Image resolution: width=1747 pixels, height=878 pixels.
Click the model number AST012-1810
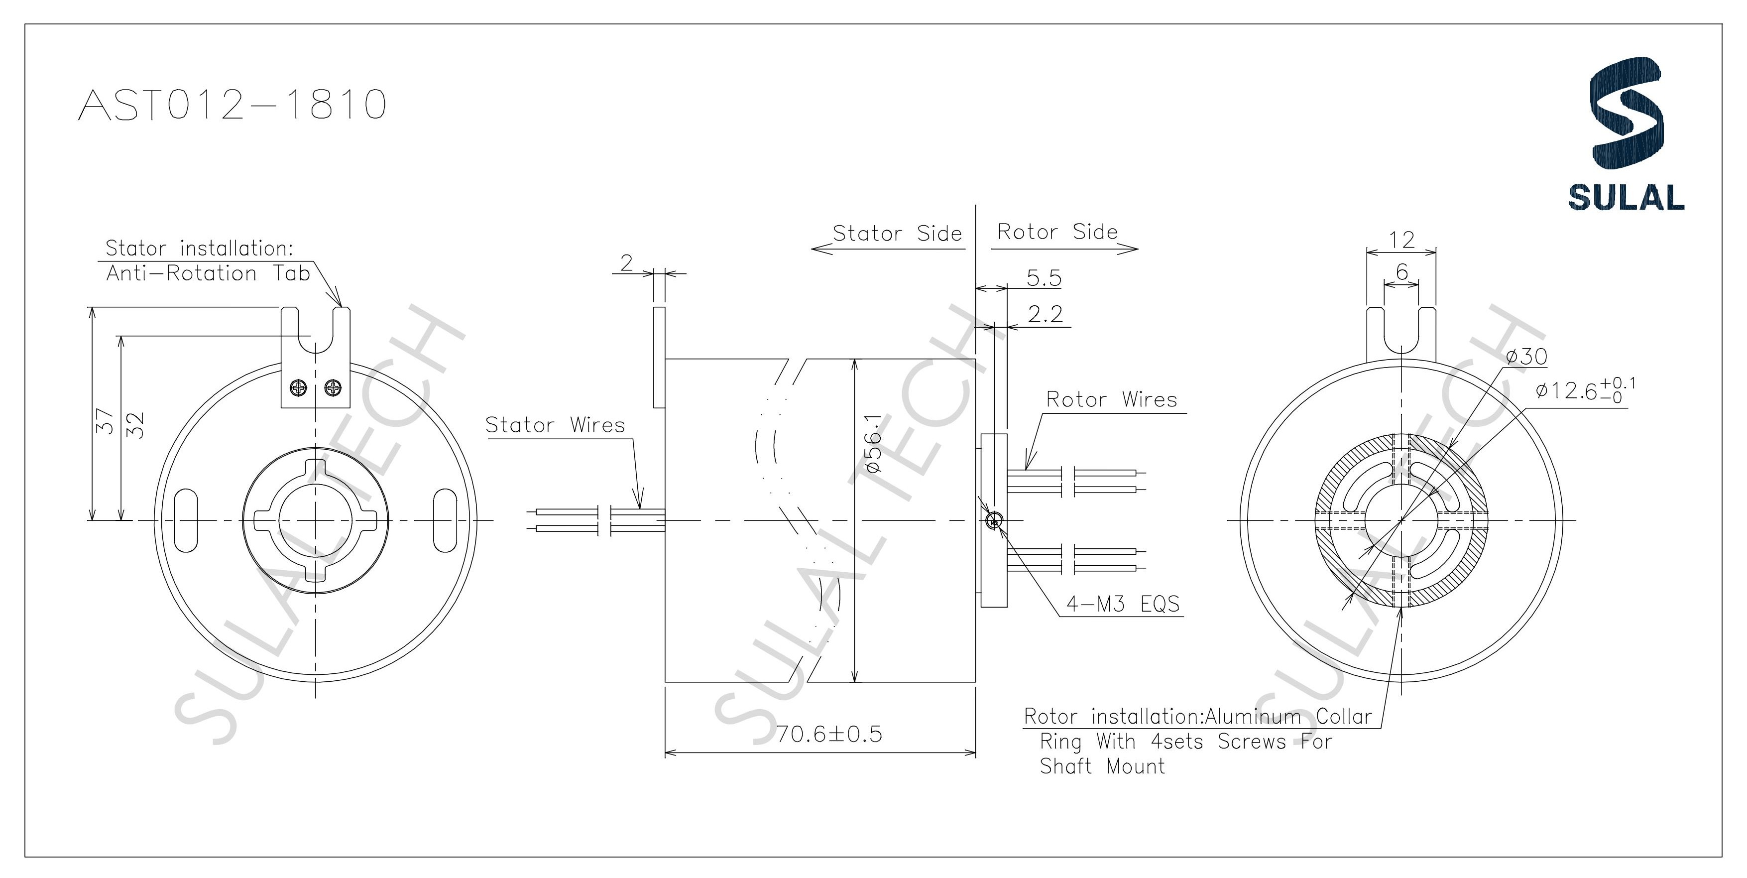tap(233, 105)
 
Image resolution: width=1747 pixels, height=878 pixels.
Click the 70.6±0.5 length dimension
tap(829, 734)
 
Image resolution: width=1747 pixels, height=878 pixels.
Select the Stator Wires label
tap(555, 425)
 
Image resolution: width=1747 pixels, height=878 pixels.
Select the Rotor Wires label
tap(1112, 399)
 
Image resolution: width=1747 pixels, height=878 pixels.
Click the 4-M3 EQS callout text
tap(1123, 604)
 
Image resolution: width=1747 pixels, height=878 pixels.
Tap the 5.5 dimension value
tap(1044, 278)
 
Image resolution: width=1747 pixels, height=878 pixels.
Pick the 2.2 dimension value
tap(1045, 314)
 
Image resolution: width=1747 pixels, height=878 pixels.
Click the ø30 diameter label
tap(1526, 357)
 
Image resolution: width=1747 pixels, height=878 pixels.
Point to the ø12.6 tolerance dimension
tap(1585, 391)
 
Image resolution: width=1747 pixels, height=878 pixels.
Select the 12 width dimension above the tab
tap(1401, 240)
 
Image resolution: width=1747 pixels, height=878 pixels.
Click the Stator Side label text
tap(897, 234)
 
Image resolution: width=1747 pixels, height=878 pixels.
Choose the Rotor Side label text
tap(1056, 232)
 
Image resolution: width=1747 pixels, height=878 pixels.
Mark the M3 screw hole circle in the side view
tap(994, 520)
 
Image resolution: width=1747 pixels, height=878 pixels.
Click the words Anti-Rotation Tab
tap(208, 274)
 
